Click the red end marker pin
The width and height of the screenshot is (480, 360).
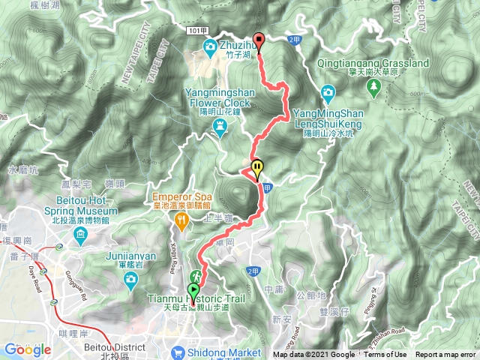pos(259,42)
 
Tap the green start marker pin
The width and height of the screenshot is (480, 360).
pos(193,290)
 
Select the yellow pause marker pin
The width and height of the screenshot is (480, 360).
pos(257,167)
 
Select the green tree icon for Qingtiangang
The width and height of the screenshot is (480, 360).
pos(373,88)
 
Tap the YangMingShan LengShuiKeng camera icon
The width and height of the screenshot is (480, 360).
pos(327,93)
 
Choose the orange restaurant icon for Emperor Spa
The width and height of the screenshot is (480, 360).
pos(181,220)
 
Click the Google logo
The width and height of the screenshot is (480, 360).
pos(27,349)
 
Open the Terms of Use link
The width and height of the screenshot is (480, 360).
pos(386,355)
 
